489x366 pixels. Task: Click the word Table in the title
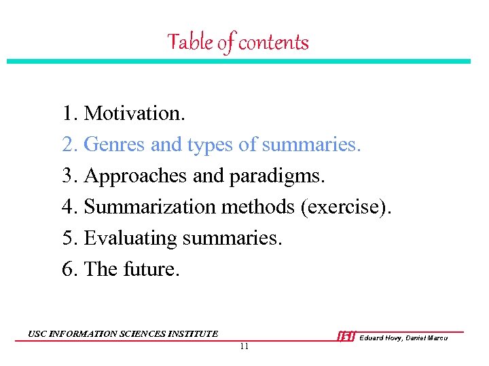[x=191, y=43]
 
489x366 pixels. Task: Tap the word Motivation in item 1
[x=134, y=113]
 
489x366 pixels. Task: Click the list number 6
[x=69, y=269]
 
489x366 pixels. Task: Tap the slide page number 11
[x=244, y=346]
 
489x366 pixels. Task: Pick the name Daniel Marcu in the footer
[x=428, y=338]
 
